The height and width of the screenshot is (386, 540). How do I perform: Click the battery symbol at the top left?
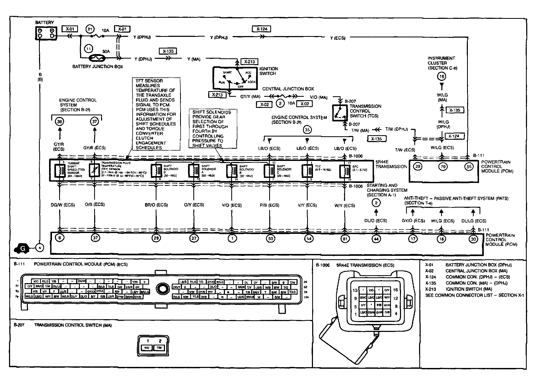tap(46, 33)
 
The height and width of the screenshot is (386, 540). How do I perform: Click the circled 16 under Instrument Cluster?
tap(442, 77)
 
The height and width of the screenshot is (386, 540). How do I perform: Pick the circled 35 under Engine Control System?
tap(307, 130)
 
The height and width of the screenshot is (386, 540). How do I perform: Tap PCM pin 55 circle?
tap(469, 166)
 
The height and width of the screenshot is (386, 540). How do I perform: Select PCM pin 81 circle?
tap(345, 239)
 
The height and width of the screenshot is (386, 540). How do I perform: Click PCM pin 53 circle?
tap(270, 239)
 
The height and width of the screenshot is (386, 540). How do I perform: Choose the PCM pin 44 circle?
tap(376, 239)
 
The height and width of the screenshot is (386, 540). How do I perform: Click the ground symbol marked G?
tap(22, 249)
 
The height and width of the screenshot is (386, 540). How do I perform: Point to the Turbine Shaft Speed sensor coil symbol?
tap(60, 170)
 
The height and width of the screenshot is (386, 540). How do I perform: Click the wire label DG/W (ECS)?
tap(63, 205)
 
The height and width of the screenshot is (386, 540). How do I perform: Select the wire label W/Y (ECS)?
tap(345, 205)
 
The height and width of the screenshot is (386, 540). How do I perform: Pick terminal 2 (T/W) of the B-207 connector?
tap(159, 348)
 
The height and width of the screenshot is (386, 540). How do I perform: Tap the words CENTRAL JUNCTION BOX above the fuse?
tap(288, 89)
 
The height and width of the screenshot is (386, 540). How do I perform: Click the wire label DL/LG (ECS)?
tap(474, 221)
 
